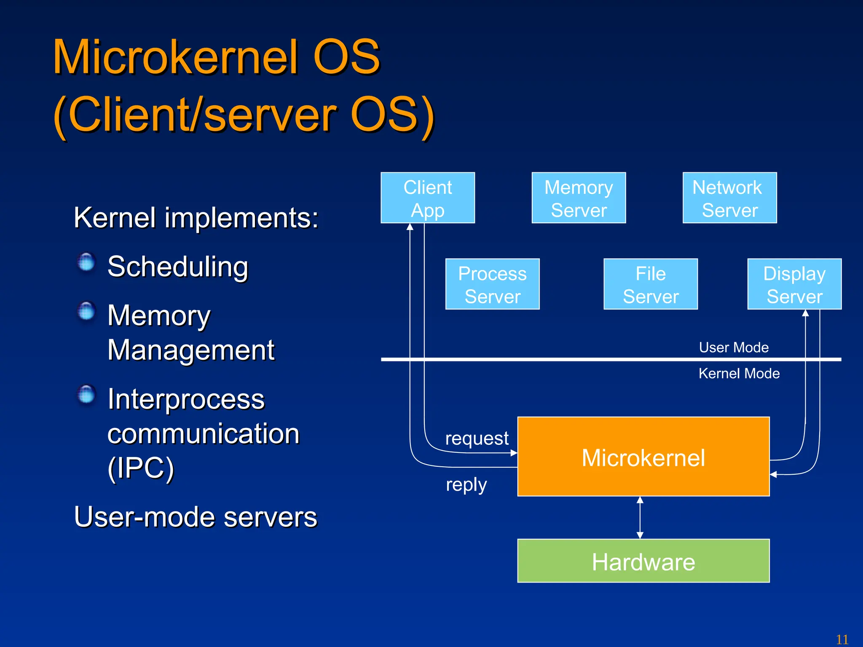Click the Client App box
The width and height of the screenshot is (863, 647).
[x=428, y=198]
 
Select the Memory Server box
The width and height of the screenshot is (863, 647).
[x=579, y=198]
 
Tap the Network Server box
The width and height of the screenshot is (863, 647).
[x=729, y=198]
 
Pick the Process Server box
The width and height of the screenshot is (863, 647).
[x=492, y=284]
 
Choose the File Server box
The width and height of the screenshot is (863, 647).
[x=651, y=284]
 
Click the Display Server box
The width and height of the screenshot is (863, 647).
[x=794, y=284]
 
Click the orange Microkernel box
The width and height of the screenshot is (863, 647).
[x=643, y=457]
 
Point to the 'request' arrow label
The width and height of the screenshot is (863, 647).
[x=477, y=438]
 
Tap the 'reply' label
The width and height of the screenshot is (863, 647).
[x=466, y=484]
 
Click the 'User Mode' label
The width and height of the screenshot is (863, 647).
[x=734, y=348]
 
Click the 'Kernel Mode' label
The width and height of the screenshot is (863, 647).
[x=739, y=373]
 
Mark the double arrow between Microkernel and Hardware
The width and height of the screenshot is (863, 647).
[x=640, y=517]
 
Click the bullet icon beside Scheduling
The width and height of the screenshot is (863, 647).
[x=87, y=262]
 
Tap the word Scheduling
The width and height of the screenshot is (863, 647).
[x=178, y=267]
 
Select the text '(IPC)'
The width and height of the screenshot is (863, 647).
[x=141, y=468]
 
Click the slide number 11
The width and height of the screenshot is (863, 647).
[x=842, y=639]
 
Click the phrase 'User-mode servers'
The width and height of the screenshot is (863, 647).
[x=196, y=517]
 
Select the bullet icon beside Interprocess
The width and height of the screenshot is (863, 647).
[x=87, y=394]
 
